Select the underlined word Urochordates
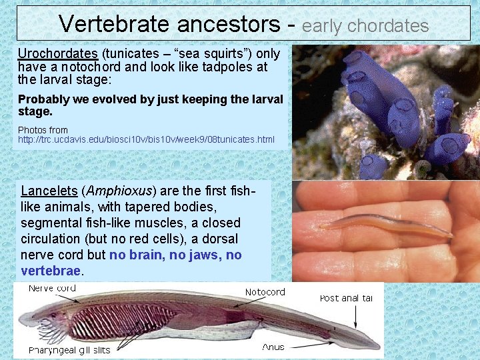tap(58, 53)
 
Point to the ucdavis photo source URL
tap(146, 140)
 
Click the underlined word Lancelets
tap(48, 191)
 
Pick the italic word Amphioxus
tap(117, 191)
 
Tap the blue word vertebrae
tap(51, 271)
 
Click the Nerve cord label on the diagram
tap(52, 289)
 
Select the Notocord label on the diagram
tap(265, 292)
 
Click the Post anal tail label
tap(347, 298)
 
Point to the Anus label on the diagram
tap(273, 347)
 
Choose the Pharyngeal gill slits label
tap(69, 350)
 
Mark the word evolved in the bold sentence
tap(101, 99)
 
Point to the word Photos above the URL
tap(33, 130)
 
